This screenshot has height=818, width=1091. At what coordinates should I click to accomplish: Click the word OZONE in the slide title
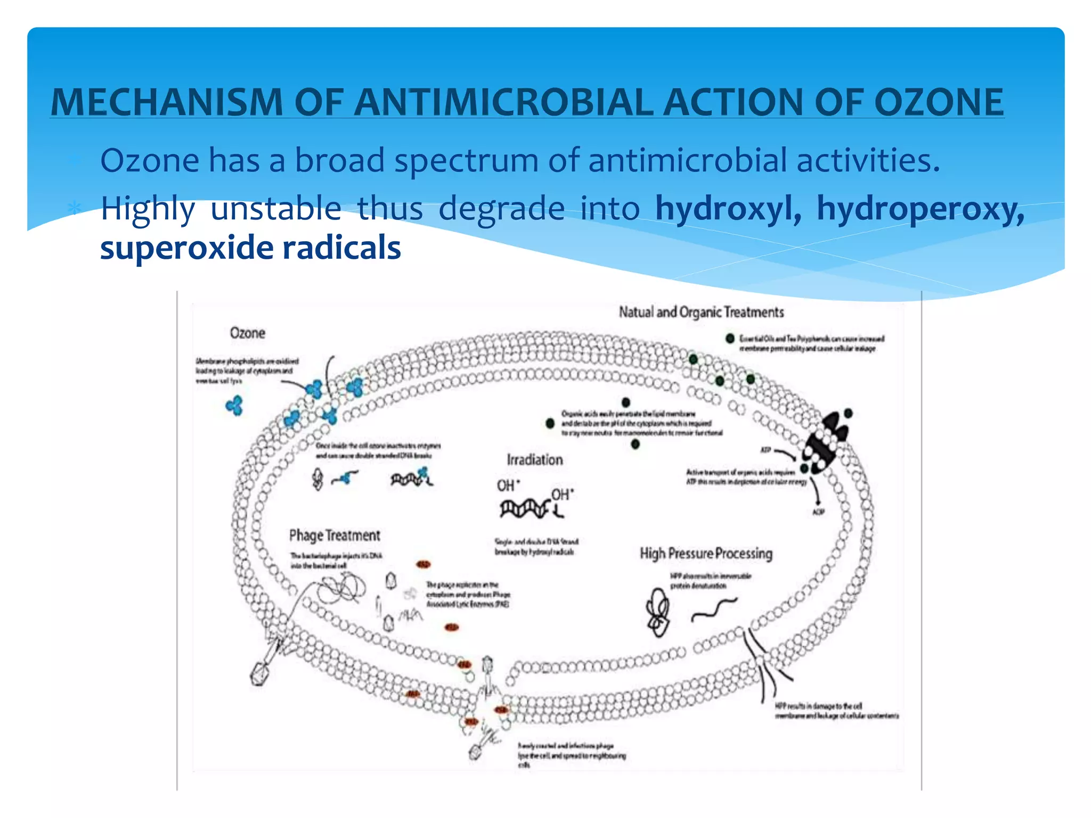pyautogui.click(x=939, y=102)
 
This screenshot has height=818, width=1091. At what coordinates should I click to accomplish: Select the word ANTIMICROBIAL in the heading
pyautogui.click(x=503, y=102)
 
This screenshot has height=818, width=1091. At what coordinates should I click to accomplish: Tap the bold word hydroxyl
pyautogui.click(x=728, y=208)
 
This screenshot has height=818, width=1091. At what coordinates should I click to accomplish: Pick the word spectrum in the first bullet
pyautogui.click(x=466, y=160)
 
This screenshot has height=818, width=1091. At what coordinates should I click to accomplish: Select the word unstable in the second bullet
pyautogui.click(x=276, y=208)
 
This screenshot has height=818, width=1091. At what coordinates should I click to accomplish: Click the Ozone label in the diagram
pyautogui.click(x=247, y=333)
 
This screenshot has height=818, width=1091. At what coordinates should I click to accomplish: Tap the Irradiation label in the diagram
pyautogui.click(x=534, y=460)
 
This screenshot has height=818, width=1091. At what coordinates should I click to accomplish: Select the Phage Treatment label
pyautogui.click(x=335, y=535)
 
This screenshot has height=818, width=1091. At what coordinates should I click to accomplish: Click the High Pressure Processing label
pyautogui.click(x=706, y=553)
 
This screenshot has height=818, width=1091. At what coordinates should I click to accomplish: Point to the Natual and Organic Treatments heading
pyautogui.click(x=701, y=312)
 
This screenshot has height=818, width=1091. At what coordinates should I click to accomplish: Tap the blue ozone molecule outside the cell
pyautogui.click(x=234, y=406)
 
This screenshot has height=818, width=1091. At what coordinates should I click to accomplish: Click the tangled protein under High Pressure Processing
pyautogui.click(x=658, y=613)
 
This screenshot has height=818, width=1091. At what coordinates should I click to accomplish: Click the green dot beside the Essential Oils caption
pyautogui.click(x=730, y=339)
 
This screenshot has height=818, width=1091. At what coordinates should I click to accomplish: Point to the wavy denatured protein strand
pyautogui.click(x=714, y=610)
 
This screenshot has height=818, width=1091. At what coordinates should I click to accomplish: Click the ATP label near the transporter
pyautogui.click(x=766, y=451)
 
